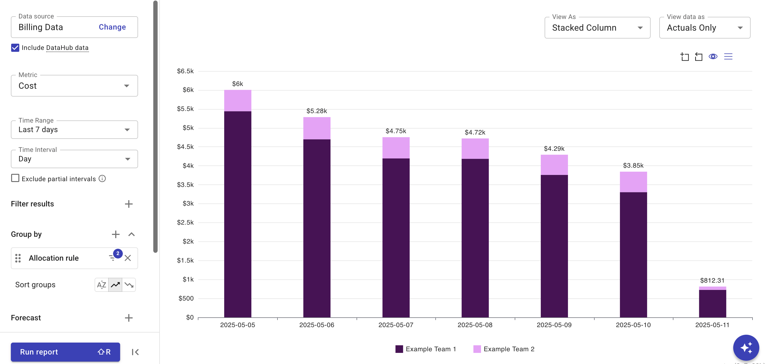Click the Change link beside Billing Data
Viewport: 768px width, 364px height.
[x=112, y=27]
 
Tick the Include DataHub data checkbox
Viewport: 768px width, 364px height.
[x=15, y=48]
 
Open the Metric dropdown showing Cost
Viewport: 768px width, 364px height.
[x=74, y=86]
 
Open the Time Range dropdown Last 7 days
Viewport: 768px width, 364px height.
[x=74, y=129]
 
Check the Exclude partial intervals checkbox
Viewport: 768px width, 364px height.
[x=15, y=178]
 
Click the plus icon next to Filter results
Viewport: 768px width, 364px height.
[x=129, y=204]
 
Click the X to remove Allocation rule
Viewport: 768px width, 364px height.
[x=128, y=258]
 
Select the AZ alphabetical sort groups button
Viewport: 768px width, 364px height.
[x=101, y=285]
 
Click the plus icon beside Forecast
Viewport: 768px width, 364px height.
[x=129, y=318]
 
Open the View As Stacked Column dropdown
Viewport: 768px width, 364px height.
[x=597, y=28]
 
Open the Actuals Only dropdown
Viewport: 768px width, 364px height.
[x=704, y=28]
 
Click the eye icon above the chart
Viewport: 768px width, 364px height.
[x=713, y=56]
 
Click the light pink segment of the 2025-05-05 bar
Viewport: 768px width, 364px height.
[x=238, y=101]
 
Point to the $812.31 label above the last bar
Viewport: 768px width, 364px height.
[x=712, y=280]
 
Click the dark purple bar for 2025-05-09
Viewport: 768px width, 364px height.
[x=554, y=246]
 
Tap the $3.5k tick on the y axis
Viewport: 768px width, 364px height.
[x=185, y=185]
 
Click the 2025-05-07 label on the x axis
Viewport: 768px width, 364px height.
[x=396, y=325]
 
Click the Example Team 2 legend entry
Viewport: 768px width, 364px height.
[x=504, y=349]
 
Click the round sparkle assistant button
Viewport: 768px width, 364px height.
[x=746, y=348]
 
